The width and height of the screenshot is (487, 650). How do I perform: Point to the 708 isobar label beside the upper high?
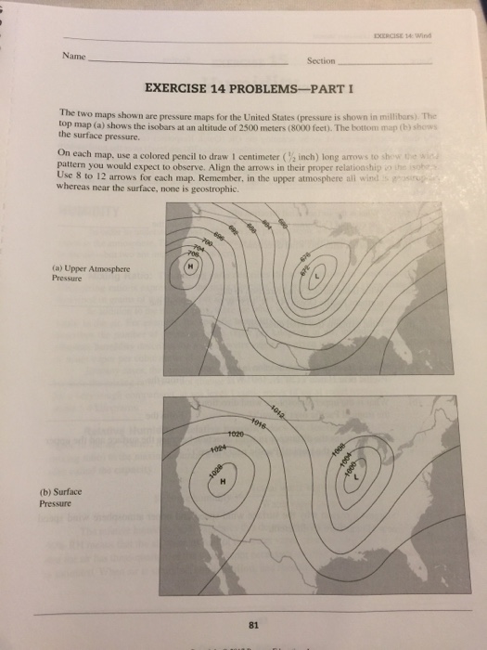click(x=193, y=252)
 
